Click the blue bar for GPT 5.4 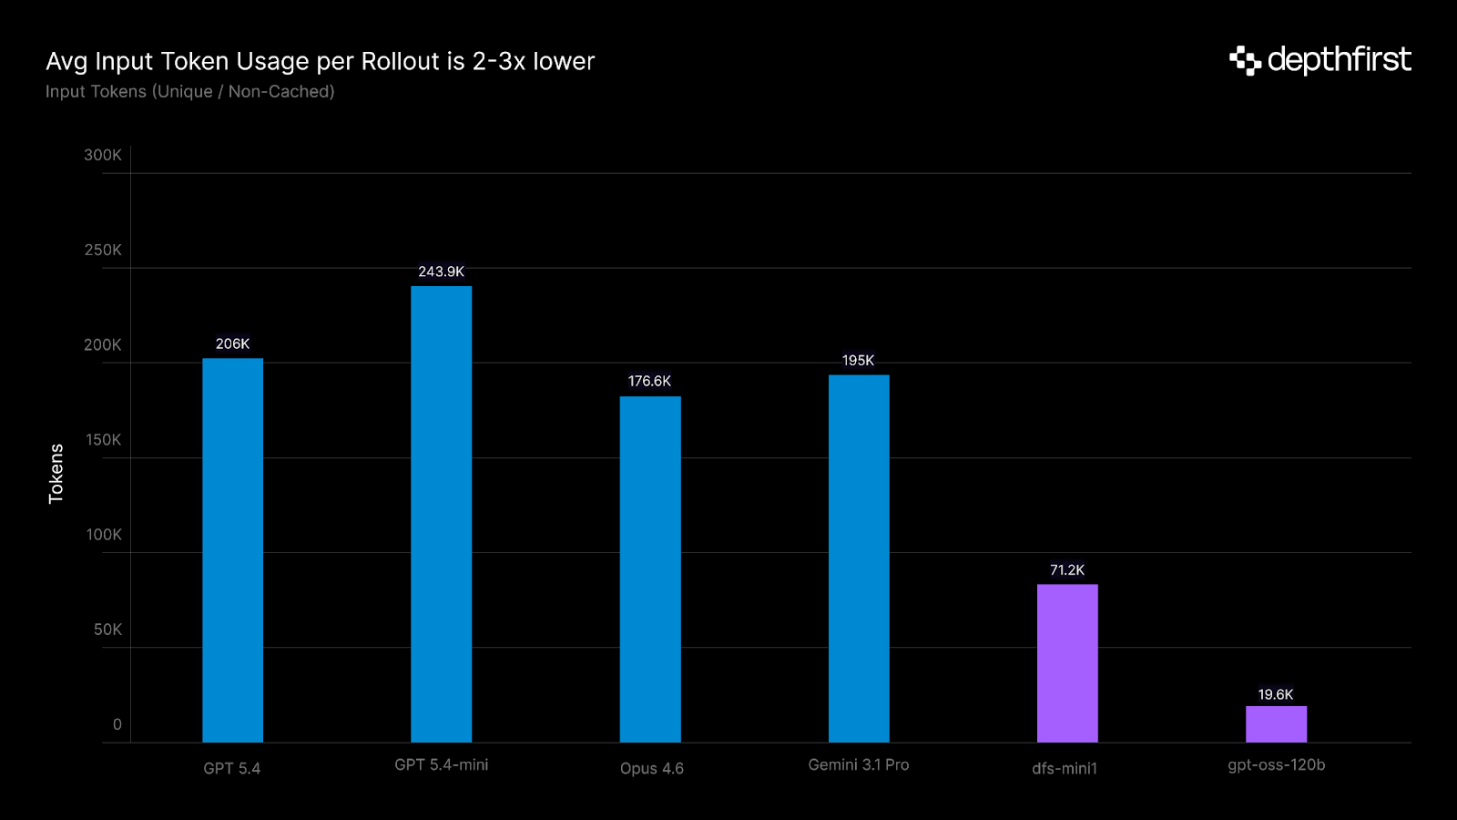[x=232, y=550]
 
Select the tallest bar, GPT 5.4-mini [x=441, y=515]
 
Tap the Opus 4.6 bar [x=650, y=569]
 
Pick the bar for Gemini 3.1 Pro [x=859, y=559]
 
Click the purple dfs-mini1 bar [x=1067, y=663]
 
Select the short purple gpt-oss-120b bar [x=1276, y=724]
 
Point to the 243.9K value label [x=441, y=272]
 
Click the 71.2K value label [x=1067, y=569]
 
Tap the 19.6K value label [x=1276, y=694]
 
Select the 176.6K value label [x=649, y=381]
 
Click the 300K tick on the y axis [x=102, y=155]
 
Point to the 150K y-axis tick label [x=103, y=439]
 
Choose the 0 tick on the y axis [x=117, y=724]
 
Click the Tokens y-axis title [x=56, y=474]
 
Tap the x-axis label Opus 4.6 [x=652, y=768]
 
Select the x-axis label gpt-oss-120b [x=1276, y=764]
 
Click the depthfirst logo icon [x=1245, y=60]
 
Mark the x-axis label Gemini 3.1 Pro [x=859, y=764]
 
